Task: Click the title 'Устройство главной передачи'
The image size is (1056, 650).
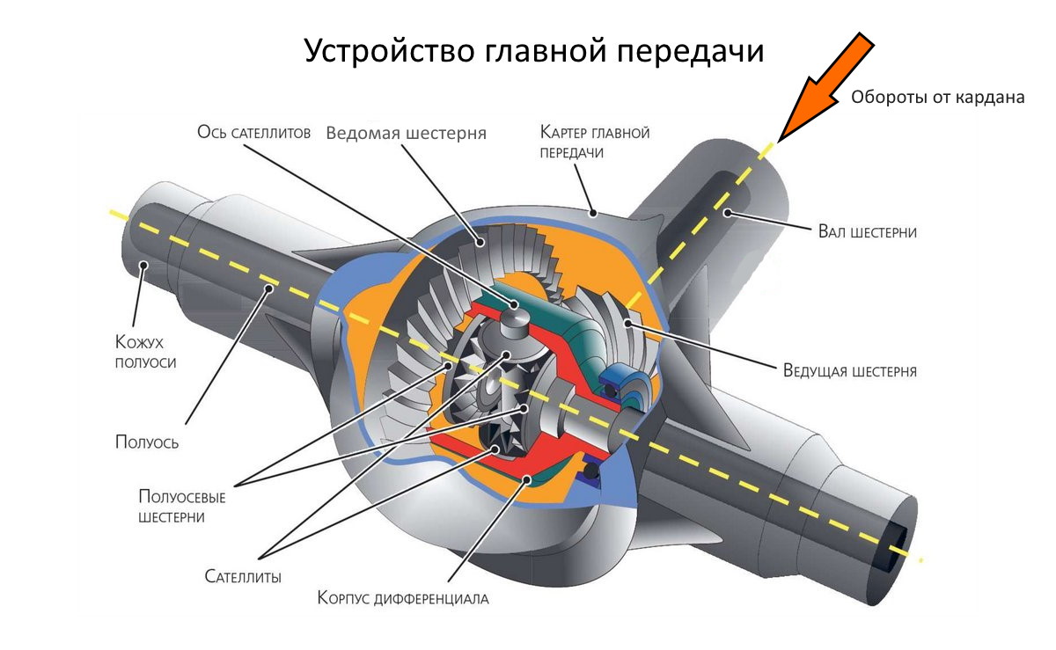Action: (534, 50)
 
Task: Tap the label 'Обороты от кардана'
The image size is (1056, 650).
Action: (937, 98)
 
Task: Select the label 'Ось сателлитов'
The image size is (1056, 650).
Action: (253, 134)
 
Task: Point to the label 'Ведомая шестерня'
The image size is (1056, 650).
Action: (406, 134)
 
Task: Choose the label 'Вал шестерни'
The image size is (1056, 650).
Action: (868, 232)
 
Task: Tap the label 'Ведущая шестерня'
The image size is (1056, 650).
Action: (849, 370)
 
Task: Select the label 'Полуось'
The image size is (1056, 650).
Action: (147, 442)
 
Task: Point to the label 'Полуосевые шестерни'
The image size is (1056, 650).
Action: (182, 508)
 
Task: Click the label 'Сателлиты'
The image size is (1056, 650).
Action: (243, 577)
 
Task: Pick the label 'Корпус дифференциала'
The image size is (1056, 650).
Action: (402, 600)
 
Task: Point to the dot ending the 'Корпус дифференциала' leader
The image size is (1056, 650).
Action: (527, 479)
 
